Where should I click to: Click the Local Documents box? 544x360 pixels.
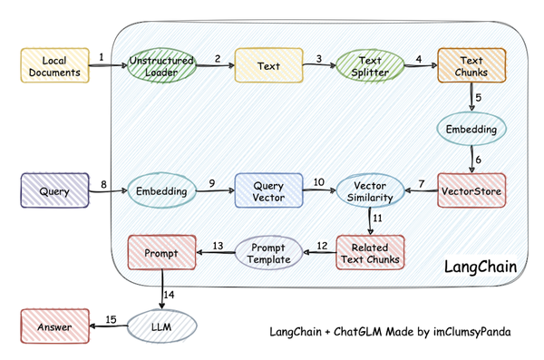(x=54, y=65)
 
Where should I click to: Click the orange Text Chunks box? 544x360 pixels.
(x=469, y=65)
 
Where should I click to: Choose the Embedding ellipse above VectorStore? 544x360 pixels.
(x=470, y=130)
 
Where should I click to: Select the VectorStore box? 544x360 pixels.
(x=470, y=191)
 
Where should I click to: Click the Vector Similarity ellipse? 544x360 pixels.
(x=370, y=191)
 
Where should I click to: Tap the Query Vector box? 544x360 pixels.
(x=268, y=191)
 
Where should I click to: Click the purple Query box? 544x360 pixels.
(x=54, y=191)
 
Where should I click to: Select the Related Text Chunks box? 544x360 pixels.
(x=370, y=253)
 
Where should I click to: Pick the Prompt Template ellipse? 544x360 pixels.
(x=268, y=253)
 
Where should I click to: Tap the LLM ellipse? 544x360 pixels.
(x=160, y=326)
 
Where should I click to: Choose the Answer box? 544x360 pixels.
(x=54, y=326)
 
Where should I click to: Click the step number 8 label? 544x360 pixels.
(x=103, y=184)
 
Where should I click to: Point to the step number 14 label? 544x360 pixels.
(x=169, y=292)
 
